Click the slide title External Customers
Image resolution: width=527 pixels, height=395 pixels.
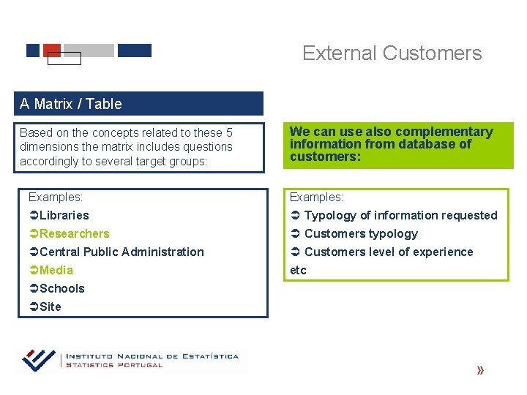pyautogui.click(x=392, y=53)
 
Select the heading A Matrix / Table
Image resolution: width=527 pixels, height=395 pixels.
pyautogui.click(x=71, y=104)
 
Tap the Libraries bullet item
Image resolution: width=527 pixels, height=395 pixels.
pyautogui.click(x=64, y=215)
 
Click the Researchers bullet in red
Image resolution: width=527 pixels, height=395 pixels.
pyautogui.click(x=74, y=233)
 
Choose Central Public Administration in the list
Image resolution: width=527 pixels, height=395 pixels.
pyautogui.click(x=122, y=252)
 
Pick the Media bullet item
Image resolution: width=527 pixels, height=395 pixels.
pyautogui.click(x=56, y=270)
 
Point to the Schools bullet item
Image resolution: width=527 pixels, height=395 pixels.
pyautogui.click(x=61, y=288)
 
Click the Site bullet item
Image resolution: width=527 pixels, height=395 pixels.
pyautogui.click(x=50, y=306)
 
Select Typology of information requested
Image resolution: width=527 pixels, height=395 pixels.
pyautogui.click(x=400, y=215)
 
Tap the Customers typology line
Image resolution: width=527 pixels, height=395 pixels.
pyautogui.click(x=360, y=233)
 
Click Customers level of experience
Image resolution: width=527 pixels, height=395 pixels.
pyautogui.click(x=388, y=252)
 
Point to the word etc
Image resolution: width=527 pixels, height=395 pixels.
pyautogui.click(x=298, y=270)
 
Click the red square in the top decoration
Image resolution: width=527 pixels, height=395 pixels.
pyautogui.click(x=52, y=50)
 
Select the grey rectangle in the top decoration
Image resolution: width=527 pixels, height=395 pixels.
pyautogui.click(x=89, y=50)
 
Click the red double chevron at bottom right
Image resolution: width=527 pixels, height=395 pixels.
pyautogui.click(x=480, y=371)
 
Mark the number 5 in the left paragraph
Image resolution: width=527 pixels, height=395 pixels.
pyautogui.click(x=229, y=132)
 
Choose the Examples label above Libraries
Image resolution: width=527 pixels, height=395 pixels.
pyautogui.click(x=55, y=197)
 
